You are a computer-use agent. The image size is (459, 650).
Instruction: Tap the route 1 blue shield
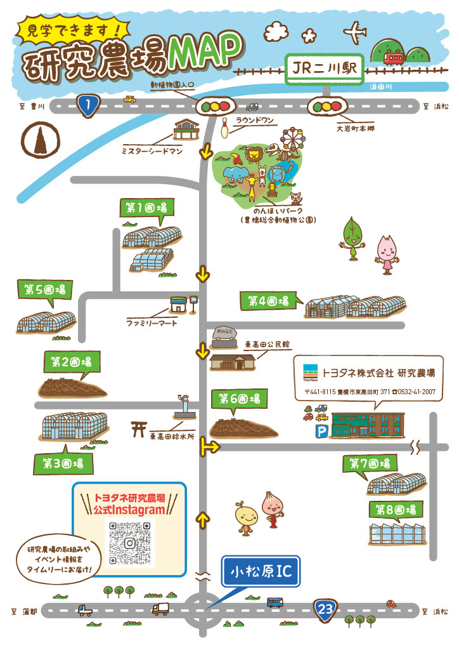point(87,106)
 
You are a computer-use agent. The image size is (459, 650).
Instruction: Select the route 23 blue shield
point(325,611)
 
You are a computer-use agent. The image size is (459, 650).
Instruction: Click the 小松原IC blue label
point(261,572)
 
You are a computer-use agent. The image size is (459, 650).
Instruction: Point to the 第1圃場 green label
point(146,208)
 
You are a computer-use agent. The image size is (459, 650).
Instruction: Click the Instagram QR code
point(129,543)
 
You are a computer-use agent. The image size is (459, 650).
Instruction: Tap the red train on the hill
point(394,58)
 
